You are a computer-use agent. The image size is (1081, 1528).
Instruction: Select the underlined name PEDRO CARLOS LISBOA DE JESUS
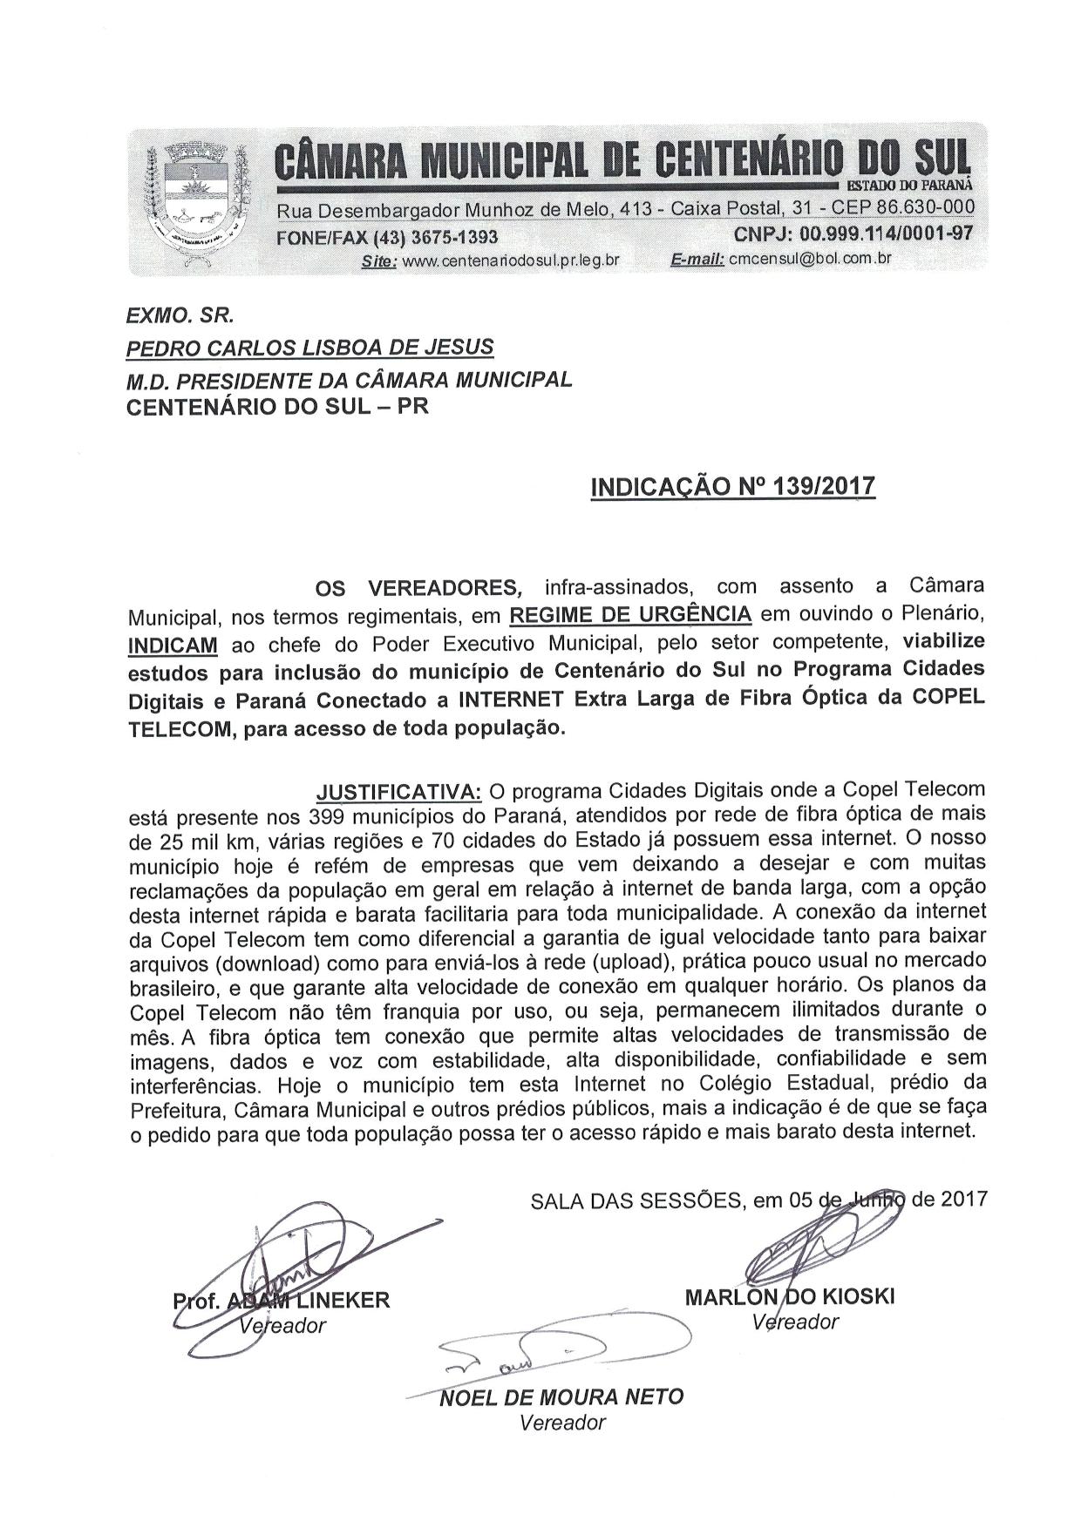point(310,348)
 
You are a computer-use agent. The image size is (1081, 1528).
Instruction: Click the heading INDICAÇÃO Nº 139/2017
point(732,486)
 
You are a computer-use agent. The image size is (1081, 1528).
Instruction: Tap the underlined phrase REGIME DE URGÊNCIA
point(630,614)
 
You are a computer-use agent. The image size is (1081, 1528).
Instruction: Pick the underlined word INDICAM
point(173,646)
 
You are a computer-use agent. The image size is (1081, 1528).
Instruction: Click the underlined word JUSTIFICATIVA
point(398,792)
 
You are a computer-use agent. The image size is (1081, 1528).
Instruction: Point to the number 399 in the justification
point(328,817)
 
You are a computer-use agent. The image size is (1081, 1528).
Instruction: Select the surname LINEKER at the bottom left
point(345,1302)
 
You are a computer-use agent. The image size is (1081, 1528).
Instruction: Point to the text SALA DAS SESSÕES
point(636,1200)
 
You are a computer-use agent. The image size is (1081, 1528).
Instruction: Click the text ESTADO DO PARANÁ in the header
point(909,185)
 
